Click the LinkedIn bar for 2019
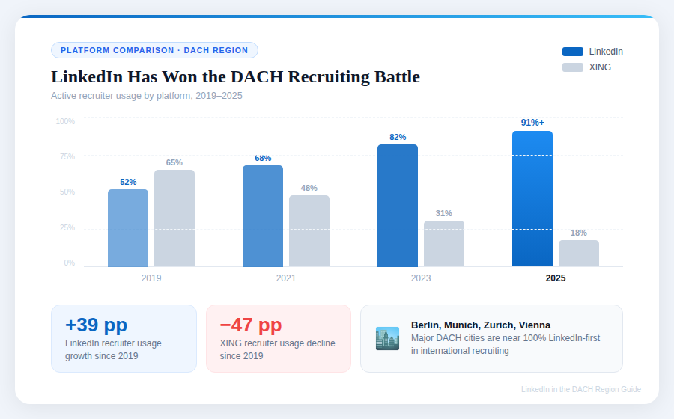click(128, 228)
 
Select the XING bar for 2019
click(174, 218)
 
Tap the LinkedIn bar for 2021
click(263, 216)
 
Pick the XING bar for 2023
click(444, 244)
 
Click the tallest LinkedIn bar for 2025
click(532, 199)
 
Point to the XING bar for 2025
click(579, 254)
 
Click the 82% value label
click(398, 137)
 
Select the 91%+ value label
click(532, 123)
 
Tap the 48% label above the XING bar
click(309, 188)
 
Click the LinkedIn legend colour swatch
click(572, 52)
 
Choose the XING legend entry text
click(600, 67)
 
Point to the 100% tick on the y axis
click(65, 121)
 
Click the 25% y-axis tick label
click(67, 227)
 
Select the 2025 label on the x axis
click(556, 278)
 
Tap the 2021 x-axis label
click(286, 278)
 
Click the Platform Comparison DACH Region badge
click(154, 50)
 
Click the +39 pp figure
click(96, 325)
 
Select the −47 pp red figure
click(251, 325)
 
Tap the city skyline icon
click(387, 338)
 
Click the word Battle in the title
click(392, 77)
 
